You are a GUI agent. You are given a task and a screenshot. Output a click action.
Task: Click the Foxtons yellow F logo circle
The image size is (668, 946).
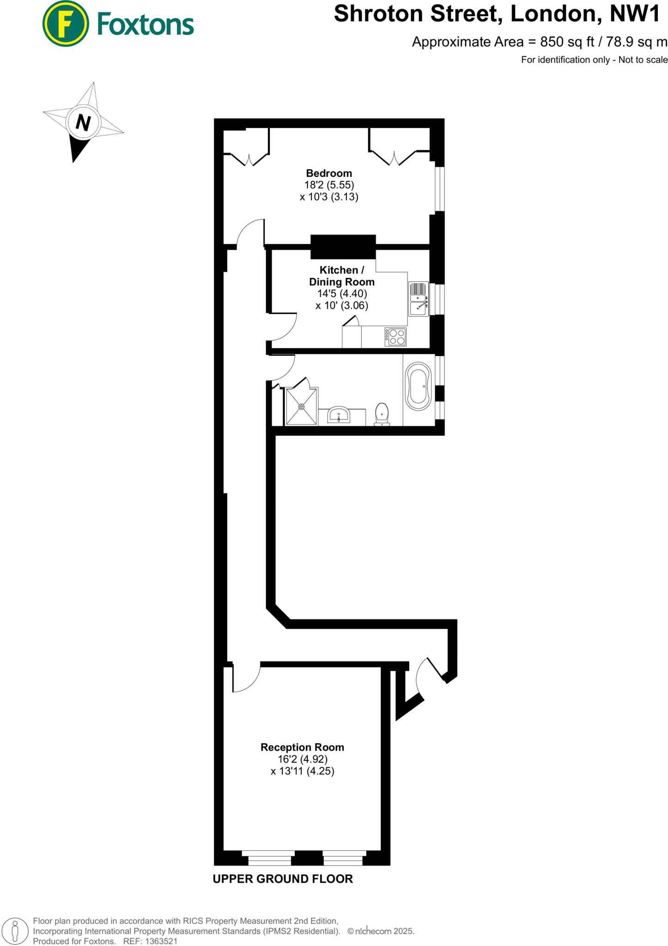pyautogui.click(x=65, y=24)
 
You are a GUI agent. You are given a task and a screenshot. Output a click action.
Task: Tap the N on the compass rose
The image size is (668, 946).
pyautogui.click(x=83, y=122)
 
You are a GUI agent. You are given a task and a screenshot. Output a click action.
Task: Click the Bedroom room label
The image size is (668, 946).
pyautogui.click(x=329, y=173)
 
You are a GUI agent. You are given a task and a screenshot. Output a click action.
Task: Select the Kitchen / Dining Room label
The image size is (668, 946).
pyautogui.click(x=341, y=276)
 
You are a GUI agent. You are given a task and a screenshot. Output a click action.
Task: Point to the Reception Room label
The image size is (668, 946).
pyautogui.click(x=302, y=747)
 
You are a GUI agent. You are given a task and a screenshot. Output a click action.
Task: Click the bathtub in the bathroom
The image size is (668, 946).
pyautogui.click(x=419, y=386)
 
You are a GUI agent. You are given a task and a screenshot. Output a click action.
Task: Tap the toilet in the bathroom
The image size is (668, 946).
pyautogui.click(x=382, y=414)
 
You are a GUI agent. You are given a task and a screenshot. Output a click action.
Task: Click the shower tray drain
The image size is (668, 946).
pyautogui.click(x=301, y=406)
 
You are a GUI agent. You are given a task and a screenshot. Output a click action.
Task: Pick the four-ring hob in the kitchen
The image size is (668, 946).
pyautogui.click(x=396, y=337)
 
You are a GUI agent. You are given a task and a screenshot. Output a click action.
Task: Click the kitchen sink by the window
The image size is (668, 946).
pyautogui.click(x=419, y=299)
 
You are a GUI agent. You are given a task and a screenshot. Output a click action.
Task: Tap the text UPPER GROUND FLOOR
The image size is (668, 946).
pyautogui.click(x=283, y=879)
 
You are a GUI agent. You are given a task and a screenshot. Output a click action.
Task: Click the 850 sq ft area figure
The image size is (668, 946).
pyautogui.click(x=567, y=42)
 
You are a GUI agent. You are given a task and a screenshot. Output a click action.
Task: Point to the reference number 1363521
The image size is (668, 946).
pyautogui.click(x=161, y=941)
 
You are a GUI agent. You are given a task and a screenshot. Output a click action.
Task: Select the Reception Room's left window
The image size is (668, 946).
pyautogui.click(x=268, y=858)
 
